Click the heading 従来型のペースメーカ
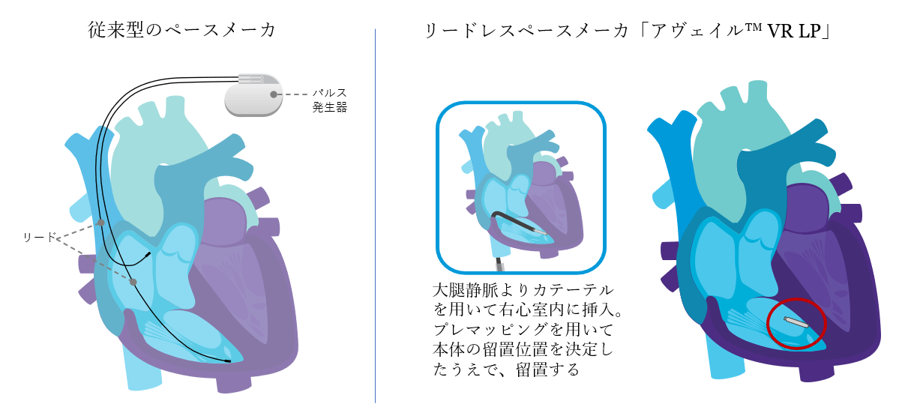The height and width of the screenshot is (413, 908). (182, 31)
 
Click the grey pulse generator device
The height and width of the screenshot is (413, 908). (253, 96)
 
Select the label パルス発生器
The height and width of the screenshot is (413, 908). (330, 100)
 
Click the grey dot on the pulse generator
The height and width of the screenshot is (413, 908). (274, 94)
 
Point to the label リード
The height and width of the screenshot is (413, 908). (40, 238)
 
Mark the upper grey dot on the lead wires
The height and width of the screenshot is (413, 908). (100, 223)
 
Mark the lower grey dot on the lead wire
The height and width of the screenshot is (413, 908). (133, 282)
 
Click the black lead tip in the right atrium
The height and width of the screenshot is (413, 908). (148, 256)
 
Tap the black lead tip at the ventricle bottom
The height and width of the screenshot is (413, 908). (227, 361)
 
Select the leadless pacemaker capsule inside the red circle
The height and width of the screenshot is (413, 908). (796, 322)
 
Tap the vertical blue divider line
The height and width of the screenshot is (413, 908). (375, 217)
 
